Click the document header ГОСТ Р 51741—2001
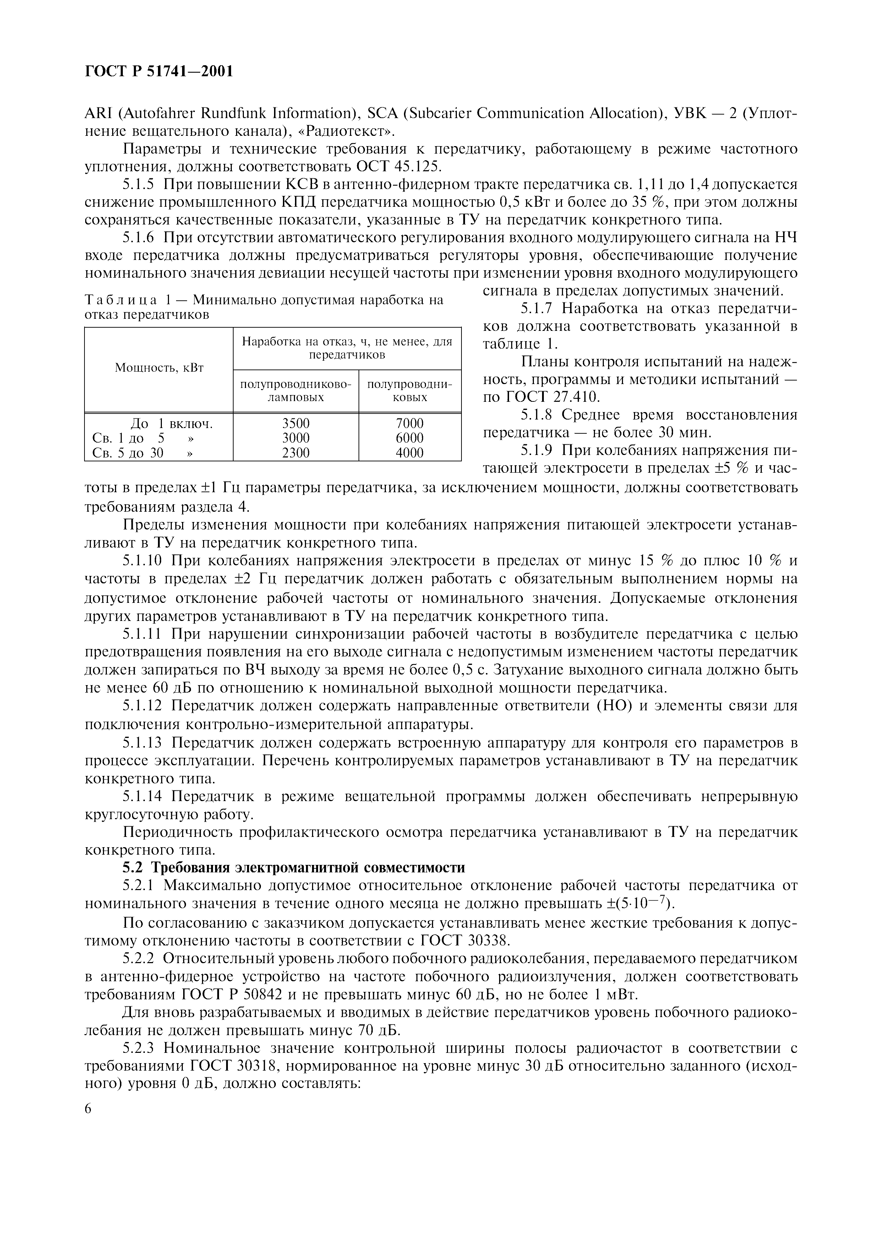(159, 71)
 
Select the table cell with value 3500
(295, 423)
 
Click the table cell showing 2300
(295, 452)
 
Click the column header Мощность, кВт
(158, 368)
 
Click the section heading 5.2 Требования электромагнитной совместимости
(293, 867)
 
